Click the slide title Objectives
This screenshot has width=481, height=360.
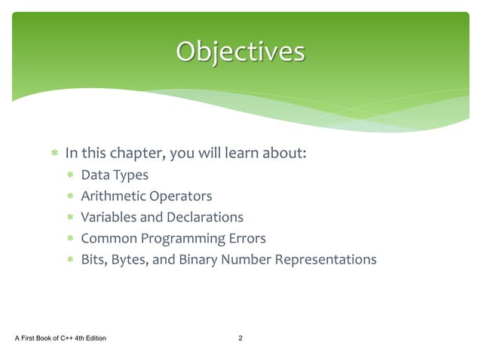tap(240, 51)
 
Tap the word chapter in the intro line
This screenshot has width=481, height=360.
tap(137, 154)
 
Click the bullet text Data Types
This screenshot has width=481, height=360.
tap(114, 175)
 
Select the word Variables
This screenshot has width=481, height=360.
tap(108, 218)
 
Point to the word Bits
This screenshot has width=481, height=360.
tap(93, 260)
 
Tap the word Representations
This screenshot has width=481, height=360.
tap(325, 260)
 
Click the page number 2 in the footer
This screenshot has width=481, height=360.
tap(240, 337)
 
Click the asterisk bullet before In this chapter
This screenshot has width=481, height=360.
tap(54, 154)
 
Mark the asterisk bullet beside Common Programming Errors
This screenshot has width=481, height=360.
tap(69, 239)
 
